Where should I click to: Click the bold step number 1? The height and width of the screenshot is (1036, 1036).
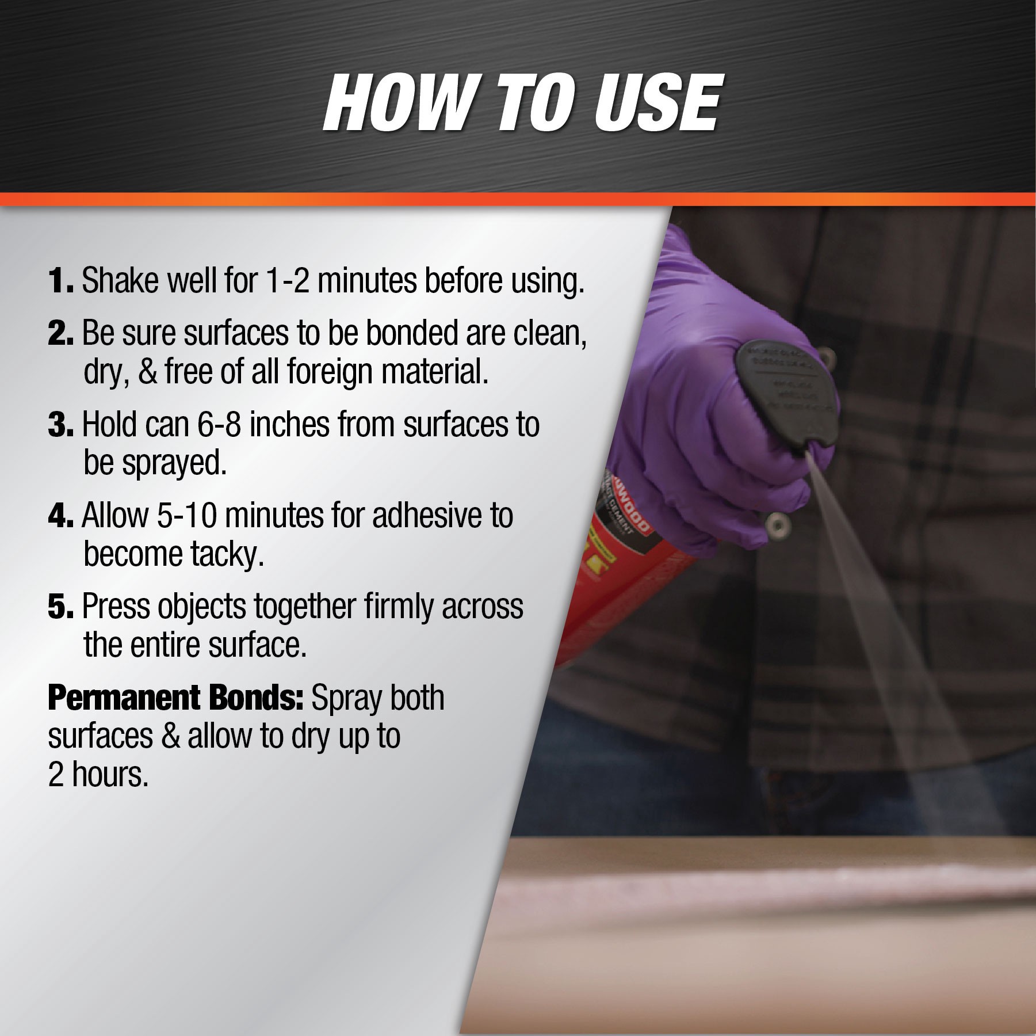point(60,281)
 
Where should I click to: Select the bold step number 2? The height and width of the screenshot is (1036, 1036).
point(60,334)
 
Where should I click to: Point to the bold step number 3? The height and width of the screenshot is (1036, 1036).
point(60,425)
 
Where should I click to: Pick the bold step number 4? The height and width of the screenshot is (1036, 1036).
point(60,516)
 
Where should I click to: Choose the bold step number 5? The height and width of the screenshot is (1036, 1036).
point(60,607)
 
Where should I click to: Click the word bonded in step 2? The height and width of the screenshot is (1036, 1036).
point(412,334)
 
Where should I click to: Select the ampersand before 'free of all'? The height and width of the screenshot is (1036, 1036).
point(148,372)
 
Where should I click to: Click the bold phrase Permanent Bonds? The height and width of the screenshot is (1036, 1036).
point(175,698)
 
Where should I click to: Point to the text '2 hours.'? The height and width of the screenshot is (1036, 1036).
point(98,775)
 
